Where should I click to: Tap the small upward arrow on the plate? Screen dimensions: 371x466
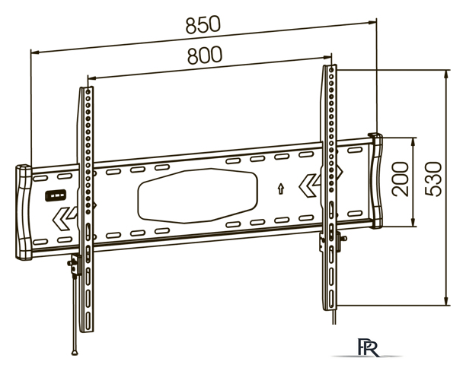(x=282, y=187)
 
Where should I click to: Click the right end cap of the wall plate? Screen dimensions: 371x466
(x=376, y=181)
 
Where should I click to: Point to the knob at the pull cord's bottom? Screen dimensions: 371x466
(x=75, y=351)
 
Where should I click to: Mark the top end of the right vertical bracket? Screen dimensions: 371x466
(x=330, y=69)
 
